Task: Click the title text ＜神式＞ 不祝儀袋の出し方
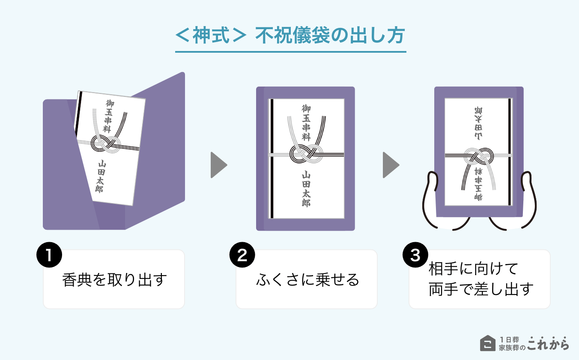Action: pyautogui.click(x=290, y=36)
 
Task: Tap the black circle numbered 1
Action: pyautogui.click(x=49, y=256)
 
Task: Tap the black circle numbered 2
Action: pyautogui.click(x=242, y=256)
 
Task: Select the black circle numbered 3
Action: pyautogui.click(x=415, y=256)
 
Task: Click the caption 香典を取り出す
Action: pyautogui.click(x=114, y=280)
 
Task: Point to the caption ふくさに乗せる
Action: pyautogui.click(x=307, y=280)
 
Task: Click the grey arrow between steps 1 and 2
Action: pyautogui.click(x=218, y=165)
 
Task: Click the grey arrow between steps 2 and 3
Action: pyautogui.click(x=391, y=165)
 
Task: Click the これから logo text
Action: pyautogui.click(x=548, y=343)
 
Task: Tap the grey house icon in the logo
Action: pyautogui.click(x=487, y=343)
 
